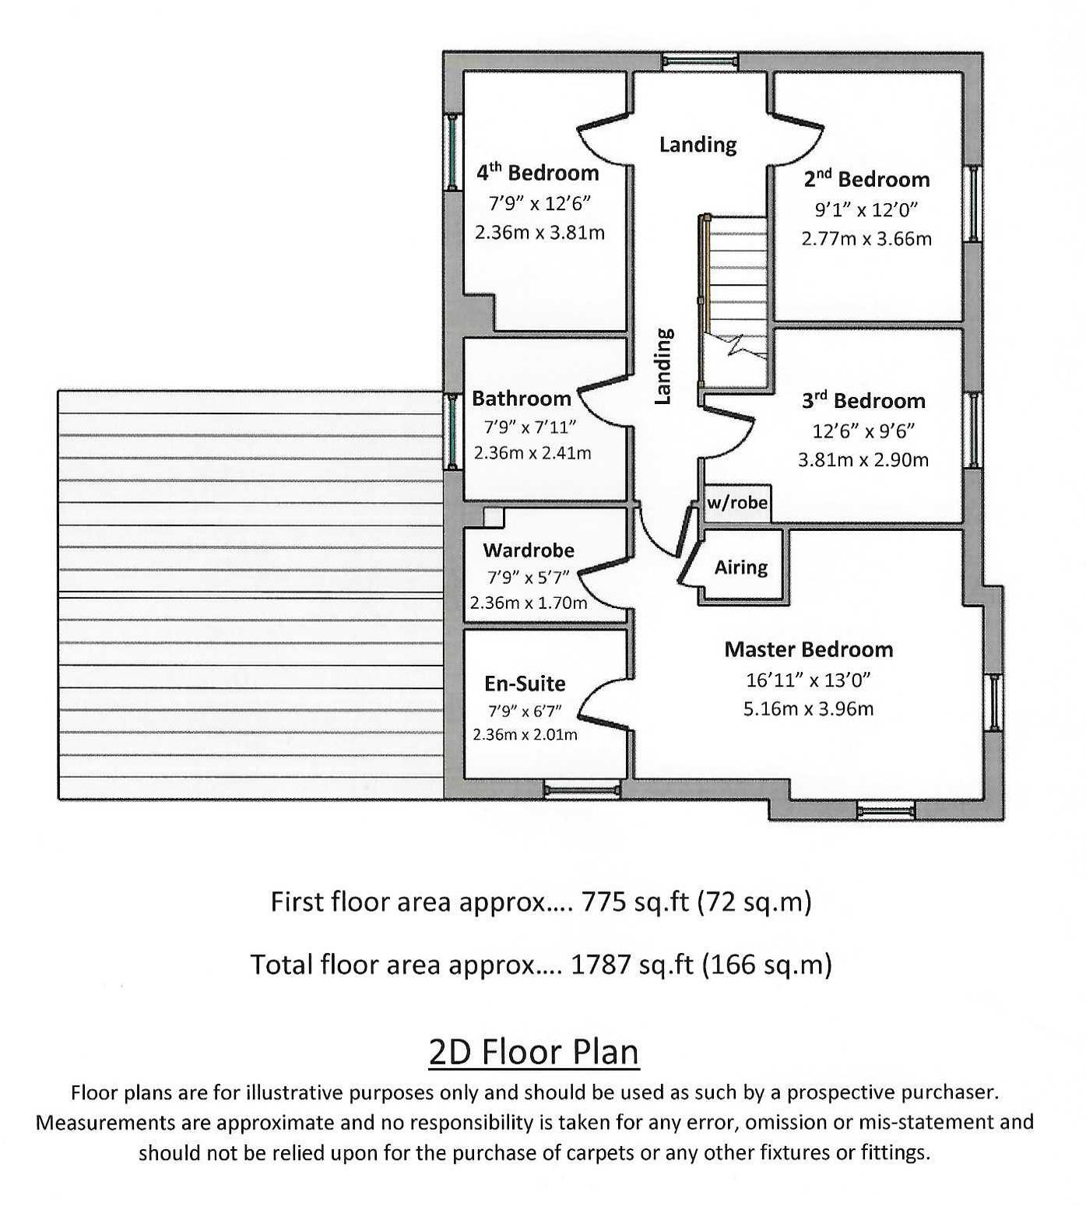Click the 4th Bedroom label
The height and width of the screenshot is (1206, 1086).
tap(538, 171)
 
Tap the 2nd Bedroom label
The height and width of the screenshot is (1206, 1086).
tap(866, 178)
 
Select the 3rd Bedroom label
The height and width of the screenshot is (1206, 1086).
tap(863, 400)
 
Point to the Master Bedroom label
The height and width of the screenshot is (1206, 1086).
tap(809, 649)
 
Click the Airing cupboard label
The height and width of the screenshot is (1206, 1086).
tap(741, 568)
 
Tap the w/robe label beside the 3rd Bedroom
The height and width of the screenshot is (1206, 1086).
tap(737, 503)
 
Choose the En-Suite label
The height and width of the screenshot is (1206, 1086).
tap(525, 684)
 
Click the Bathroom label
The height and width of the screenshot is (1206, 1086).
tap(522, 399)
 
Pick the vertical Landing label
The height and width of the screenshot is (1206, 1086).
tap(662, 367)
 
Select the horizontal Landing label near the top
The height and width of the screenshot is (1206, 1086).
tap(698, 145)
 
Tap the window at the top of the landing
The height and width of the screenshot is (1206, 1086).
tap(699, 62)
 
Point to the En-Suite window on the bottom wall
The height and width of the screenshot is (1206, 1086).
tap(580, 791)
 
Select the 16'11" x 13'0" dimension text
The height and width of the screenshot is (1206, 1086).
tap(808, 680)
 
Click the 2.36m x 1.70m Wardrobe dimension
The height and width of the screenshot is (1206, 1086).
tap(529, 603)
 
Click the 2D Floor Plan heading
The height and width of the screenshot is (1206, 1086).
tap(534, 1052)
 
